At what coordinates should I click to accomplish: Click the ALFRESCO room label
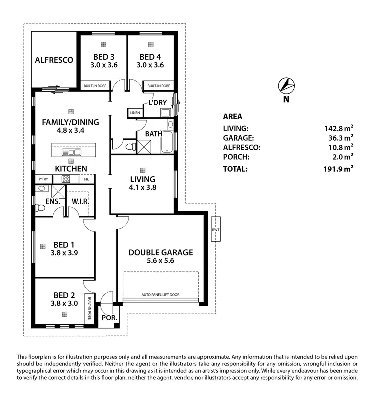[54, 60]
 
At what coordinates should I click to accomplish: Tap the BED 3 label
[103, 57]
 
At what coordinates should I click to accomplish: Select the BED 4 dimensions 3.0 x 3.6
[152, 65]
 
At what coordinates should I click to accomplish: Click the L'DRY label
[157, 103]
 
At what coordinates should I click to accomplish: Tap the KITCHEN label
[71, 169]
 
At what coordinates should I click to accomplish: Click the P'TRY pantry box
[42, 179]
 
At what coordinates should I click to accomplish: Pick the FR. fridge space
[87, 179]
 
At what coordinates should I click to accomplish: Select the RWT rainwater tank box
[215, 229]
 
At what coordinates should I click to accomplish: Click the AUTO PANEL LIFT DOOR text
[161, 295]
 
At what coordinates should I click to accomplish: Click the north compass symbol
[286, 87]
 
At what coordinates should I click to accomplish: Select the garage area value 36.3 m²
[339, 138]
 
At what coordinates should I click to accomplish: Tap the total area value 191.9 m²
[338, 169]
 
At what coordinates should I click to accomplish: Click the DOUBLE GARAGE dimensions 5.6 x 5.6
[160, 261]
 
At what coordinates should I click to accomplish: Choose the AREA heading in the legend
[232, 117]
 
